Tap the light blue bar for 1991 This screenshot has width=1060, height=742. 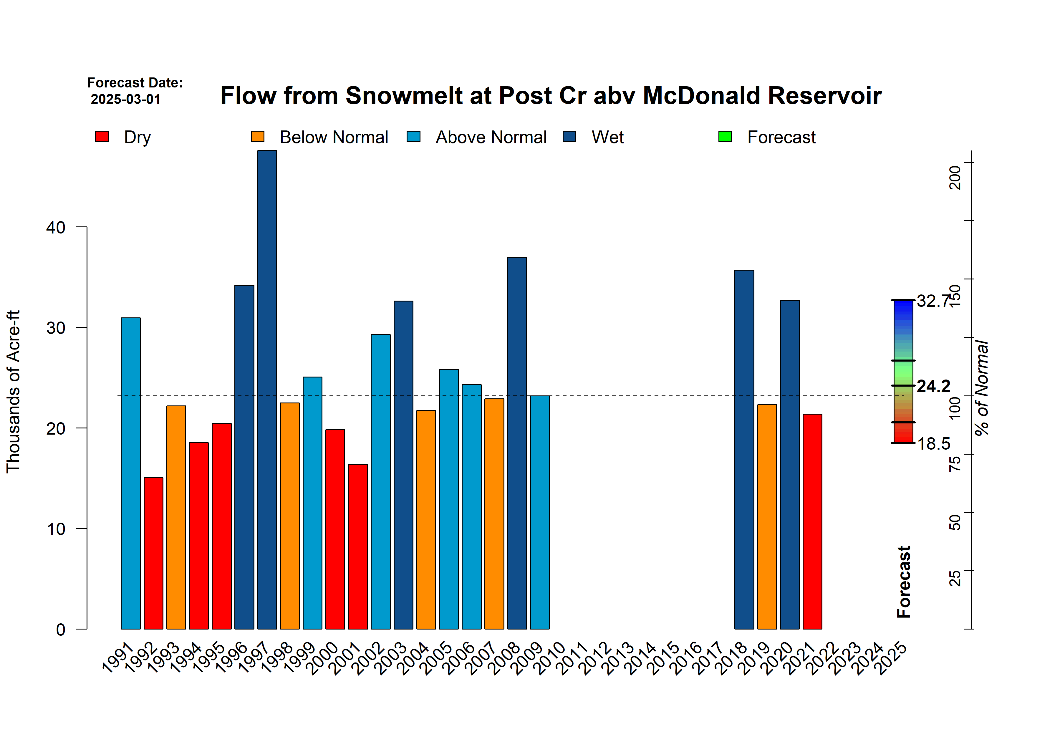[x=131, y=473]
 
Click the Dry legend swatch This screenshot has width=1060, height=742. [x=102, y=137]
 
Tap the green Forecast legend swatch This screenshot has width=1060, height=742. [x=725, y=137]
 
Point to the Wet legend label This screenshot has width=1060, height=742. [x=607, y=137]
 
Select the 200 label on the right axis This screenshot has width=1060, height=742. [x=954, y=177]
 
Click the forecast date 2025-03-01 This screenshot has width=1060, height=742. [x=125, y=99]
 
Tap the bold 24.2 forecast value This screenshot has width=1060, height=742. [x=933, y=386]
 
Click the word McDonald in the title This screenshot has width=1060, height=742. [x=701, y=96]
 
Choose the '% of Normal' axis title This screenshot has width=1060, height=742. [x=982, y=388]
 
